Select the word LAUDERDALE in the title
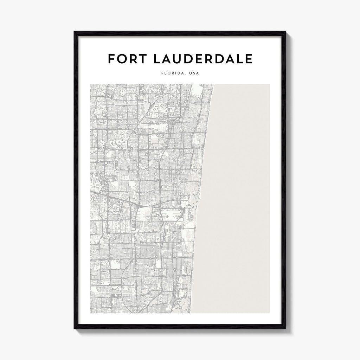(x=203, y=59)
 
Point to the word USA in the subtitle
(x=194, y=74)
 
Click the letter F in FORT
(x=111, y=59)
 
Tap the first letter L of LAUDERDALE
(x=157, y=59)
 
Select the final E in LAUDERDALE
(x=249, y=59)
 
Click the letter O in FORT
(x=122, y=59)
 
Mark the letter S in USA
(x=194, y=74)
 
